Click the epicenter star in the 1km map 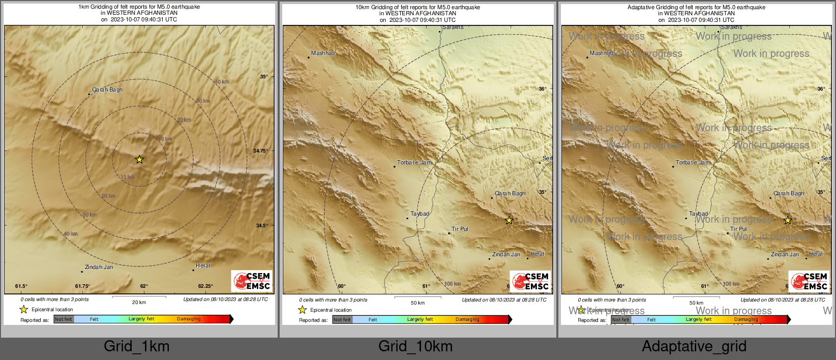(139, 160)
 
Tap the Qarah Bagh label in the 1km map (107, 90)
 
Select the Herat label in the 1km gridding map (203, 265)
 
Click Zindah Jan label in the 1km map (99, 267)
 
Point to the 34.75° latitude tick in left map (260, 151)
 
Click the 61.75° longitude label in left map (82, 286)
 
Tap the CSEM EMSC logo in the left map (252, 281)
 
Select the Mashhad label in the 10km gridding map (323, 53)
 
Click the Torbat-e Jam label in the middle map (414, 163)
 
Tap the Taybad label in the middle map (420, 214)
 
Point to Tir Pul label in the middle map (460, 229)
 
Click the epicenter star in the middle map (509, 220)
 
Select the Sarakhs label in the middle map (453, 27)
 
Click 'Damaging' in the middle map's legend (467, 320)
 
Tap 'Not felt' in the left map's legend (64, 319)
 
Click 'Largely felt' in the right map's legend (699, 320)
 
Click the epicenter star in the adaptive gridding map (788, 220)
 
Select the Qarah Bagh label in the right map (789, 194)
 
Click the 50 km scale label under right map (696, 303)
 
